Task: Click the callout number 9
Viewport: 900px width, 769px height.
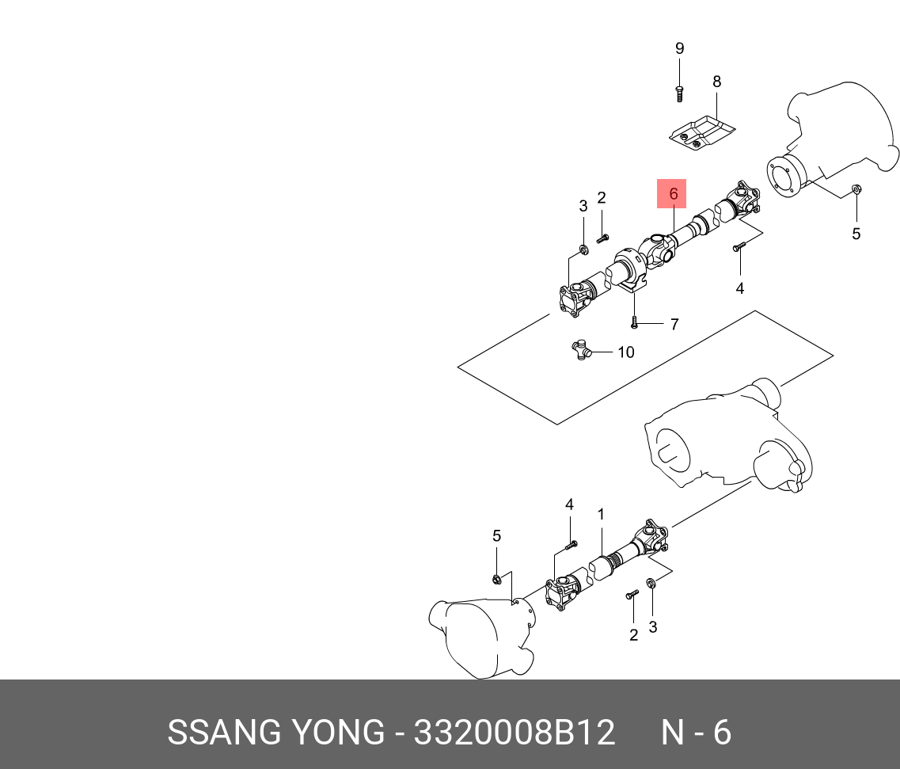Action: (x=679, y=48)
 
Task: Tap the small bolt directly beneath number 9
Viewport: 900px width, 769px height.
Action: (x=679, y=93)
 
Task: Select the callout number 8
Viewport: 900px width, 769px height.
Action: (x=716, y=82)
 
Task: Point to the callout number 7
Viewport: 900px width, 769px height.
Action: (x=674, y=324)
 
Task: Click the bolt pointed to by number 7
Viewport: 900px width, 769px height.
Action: (x=634, y=322)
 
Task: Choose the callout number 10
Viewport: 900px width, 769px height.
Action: (x=625, y=352)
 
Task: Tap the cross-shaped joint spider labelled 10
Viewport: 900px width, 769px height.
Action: (x=582, y=349)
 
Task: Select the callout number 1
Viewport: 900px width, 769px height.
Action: (x=601, y=515)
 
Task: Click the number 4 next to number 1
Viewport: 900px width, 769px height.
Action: (x=569, y=504)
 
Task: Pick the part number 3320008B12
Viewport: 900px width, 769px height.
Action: (x=515, y=733)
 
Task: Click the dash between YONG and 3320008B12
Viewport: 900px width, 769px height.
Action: (x=401, y=734)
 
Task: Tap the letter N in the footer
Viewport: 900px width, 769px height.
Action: (x=672, y=733)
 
